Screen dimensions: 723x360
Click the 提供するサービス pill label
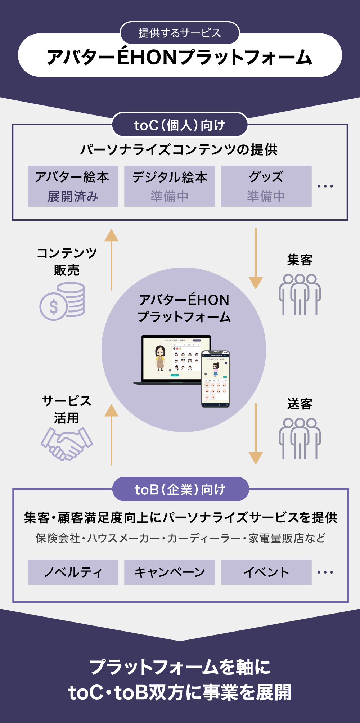(180, 33)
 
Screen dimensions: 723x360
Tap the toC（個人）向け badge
(180, 125)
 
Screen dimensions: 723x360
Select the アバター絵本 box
(73, 186)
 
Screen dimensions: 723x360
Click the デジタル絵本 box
(170, 186)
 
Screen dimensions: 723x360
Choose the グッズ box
(266, 186)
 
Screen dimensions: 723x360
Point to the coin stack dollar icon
(63, 301)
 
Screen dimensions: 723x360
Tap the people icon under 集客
(300, 294)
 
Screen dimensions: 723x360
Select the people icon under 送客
(300, 438)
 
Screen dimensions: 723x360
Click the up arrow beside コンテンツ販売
(112, 259)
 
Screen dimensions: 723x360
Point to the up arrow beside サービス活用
(112, 434)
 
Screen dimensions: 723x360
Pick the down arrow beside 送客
(256, 434)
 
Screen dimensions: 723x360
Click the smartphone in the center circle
(216, 379)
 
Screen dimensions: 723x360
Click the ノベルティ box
(73, 572)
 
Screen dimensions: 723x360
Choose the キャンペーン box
(170, 572)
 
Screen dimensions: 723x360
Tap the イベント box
(266, 572)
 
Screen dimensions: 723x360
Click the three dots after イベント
(325, 572)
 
